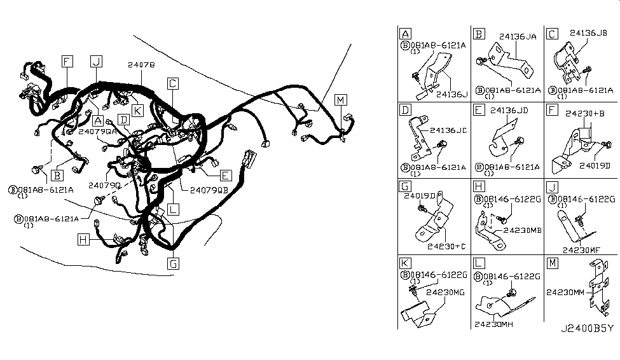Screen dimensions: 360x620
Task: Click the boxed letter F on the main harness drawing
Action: point(67,61)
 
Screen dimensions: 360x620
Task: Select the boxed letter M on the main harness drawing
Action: point(341,100)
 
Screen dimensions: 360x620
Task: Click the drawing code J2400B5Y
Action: point(587,329)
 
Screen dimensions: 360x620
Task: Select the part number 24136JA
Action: point(518,37)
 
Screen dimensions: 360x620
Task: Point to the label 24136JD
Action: point(511,111)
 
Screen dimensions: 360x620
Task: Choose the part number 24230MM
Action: point(566,294)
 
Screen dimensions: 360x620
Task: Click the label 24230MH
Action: point(493,323)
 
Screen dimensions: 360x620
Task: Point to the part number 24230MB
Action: point(523,230)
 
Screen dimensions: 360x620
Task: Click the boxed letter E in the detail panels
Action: point(478,110)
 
